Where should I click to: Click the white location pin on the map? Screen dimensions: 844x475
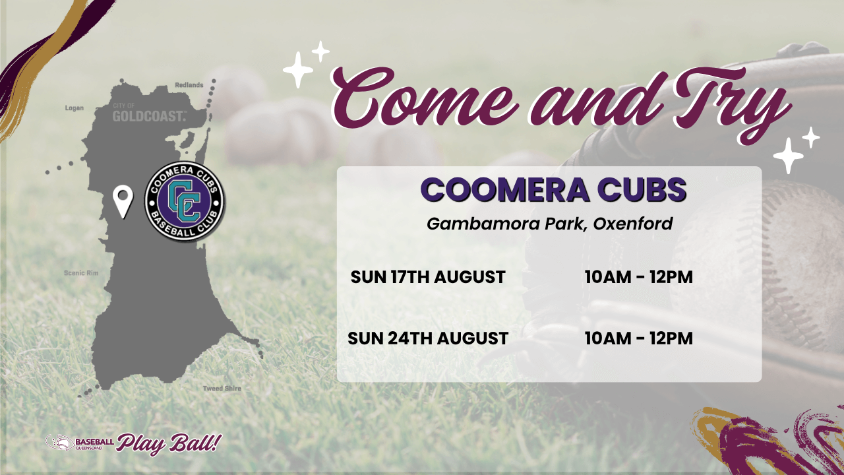123,201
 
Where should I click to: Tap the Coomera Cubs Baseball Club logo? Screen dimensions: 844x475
185,202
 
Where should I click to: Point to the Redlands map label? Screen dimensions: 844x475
189,85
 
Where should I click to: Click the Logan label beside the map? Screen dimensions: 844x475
75,108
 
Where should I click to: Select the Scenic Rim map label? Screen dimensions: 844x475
81,273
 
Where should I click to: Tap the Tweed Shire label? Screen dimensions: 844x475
222,389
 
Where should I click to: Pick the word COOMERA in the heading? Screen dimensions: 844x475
505,189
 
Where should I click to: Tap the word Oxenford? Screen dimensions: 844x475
633,224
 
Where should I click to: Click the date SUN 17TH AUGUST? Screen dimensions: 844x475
428,277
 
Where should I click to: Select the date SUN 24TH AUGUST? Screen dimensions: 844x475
428,338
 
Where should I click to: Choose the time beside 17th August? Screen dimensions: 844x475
639,277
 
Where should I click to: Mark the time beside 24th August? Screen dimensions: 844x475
639,338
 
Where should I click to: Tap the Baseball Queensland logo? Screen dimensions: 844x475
80,443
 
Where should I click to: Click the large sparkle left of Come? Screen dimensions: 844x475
298,70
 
